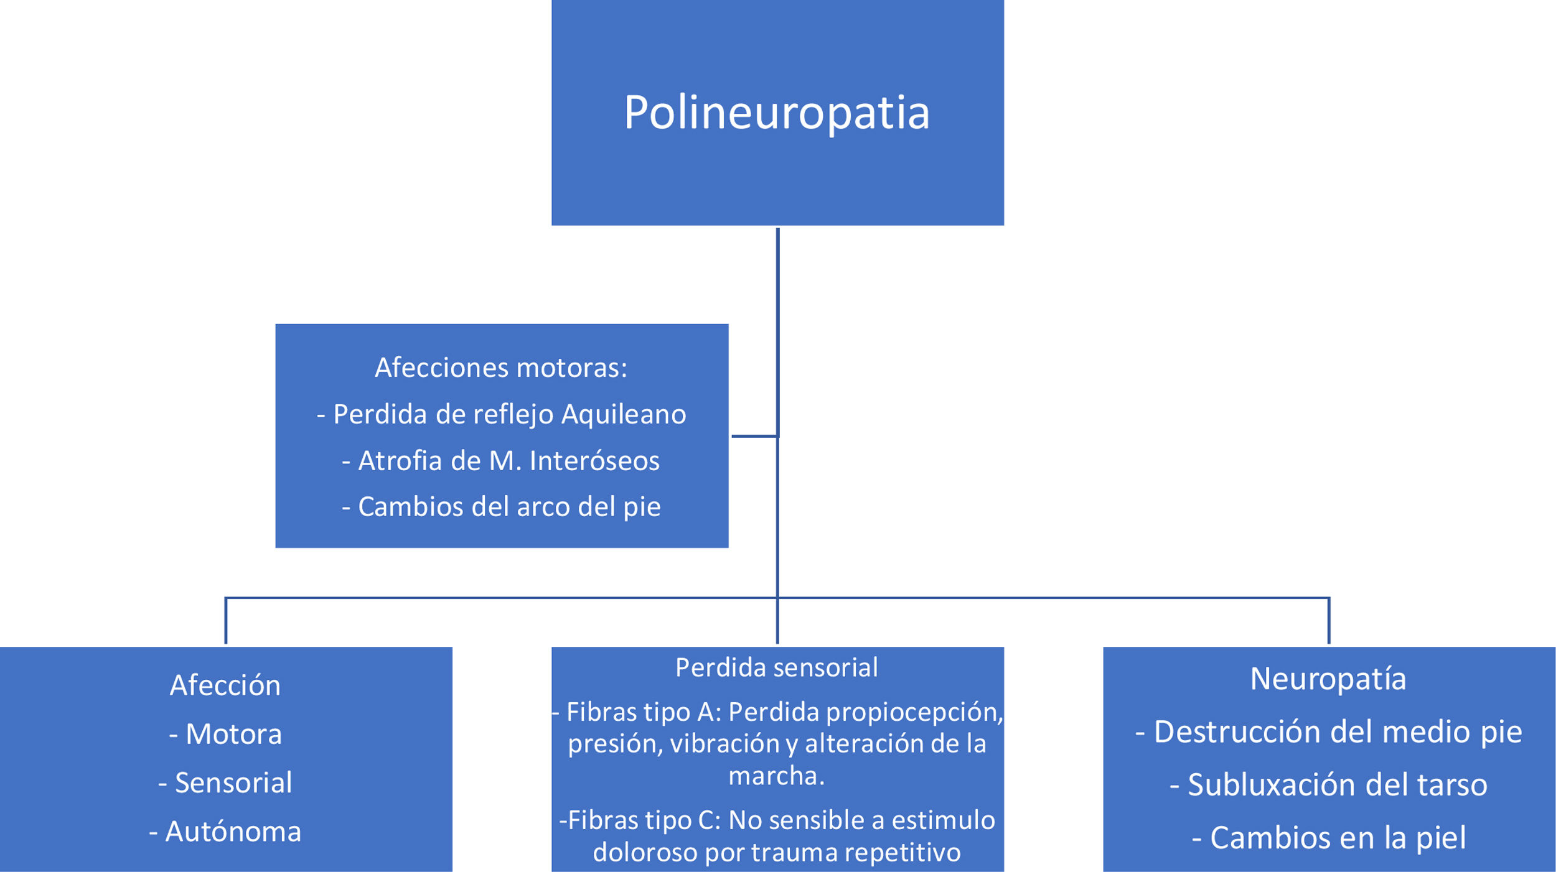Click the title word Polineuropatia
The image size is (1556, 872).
777,113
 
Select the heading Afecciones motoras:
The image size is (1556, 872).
501,368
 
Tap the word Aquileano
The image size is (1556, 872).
624,414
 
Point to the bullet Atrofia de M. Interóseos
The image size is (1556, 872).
501,461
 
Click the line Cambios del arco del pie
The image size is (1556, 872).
501,507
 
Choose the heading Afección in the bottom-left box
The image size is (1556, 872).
225,685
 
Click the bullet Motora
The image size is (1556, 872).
225,734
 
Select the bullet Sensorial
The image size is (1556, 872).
225,782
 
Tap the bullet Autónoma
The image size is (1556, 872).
225,832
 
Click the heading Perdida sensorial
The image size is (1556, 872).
777,667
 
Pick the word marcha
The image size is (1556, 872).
776,776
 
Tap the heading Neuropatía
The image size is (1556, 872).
1328,679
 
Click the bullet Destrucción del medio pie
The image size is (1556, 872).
1328,731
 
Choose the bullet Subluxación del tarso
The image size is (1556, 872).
1328,784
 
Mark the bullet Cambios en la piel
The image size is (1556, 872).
1328,837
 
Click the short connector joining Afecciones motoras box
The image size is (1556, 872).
754,436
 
